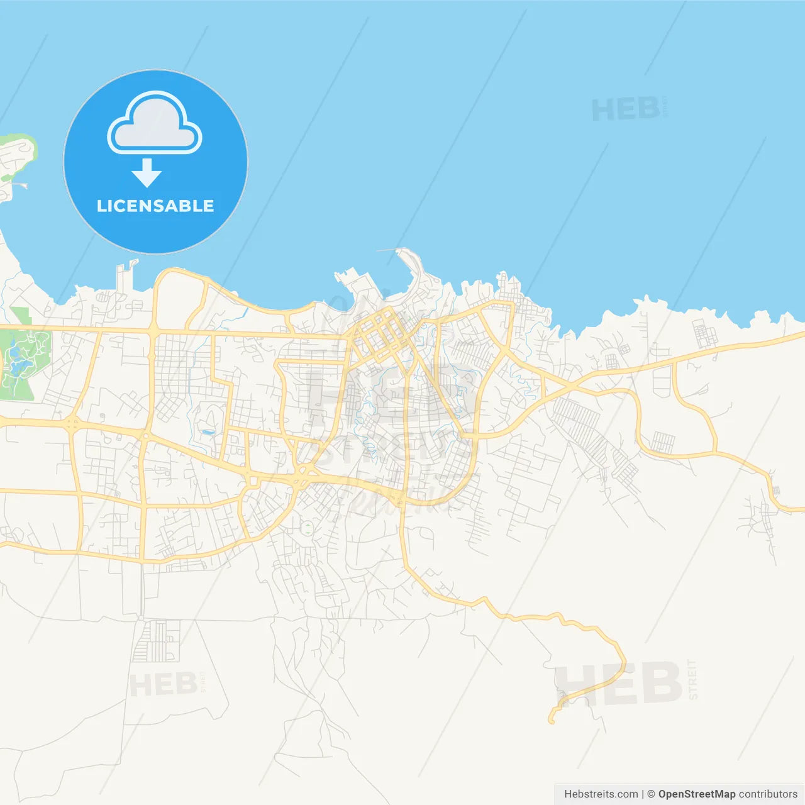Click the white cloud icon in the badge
[155, 123]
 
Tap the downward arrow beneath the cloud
[147, 173]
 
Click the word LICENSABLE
[155, 206]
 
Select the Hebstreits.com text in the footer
[601, 794]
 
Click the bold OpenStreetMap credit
[696, 794]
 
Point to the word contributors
[768, 794]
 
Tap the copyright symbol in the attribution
[651, 794]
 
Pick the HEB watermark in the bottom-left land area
[163, 684]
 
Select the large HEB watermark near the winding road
[619, 684]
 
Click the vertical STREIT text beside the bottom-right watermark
[692, 680]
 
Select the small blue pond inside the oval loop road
[207, 433]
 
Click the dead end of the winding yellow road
[552, 721]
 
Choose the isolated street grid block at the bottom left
[155, 641]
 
